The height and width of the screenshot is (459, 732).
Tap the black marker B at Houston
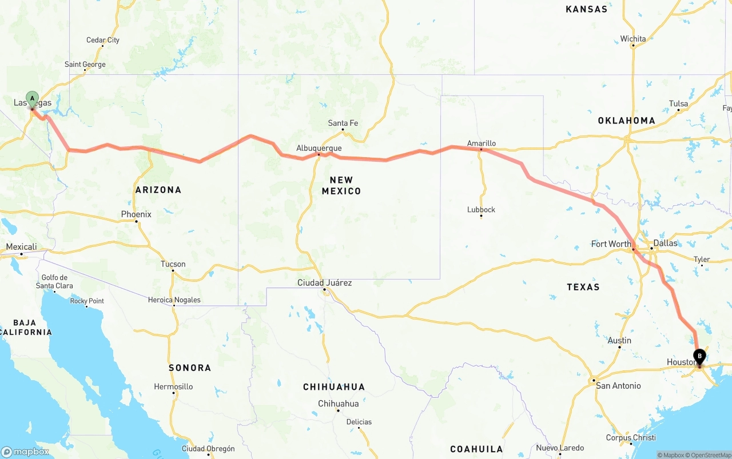tap(699, 357)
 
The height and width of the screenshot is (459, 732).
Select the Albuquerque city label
tap(319, 148)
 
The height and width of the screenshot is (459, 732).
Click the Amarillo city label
tap(481, 143)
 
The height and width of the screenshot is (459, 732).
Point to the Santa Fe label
tap(343, 123)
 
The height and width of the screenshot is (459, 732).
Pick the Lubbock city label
tap(481, 210)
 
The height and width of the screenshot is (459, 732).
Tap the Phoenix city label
tap(136, 214)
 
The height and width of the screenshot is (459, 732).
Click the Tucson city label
tap(173, 264)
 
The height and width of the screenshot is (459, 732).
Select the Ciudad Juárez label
tap(324, 283)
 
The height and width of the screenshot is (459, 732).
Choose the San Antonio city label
tap(618, 386)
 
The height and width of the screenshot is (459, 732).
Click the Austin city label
tap(619, 341)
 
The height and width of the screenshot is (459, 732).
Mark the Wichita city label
tap(633, 39)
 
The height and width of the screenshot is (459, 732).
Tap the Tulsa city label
tap(678, 103)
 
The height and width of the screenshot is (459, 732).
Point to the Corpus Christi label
tap(631, 438)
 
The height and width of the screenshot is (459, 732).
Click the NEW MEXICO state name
tap(341, 186)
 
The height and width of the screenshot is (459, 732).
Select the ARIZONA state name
tap(158, 190)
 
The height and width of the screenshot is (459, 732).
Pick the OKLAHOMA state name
tap(626, 121)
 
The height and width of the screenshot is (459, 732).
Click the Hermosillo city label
tap(173, 387)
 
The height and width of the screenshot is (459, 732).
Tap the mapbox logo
tap(25, 452)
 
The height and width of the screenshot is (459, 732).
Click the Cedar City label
tap(103, 40)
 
